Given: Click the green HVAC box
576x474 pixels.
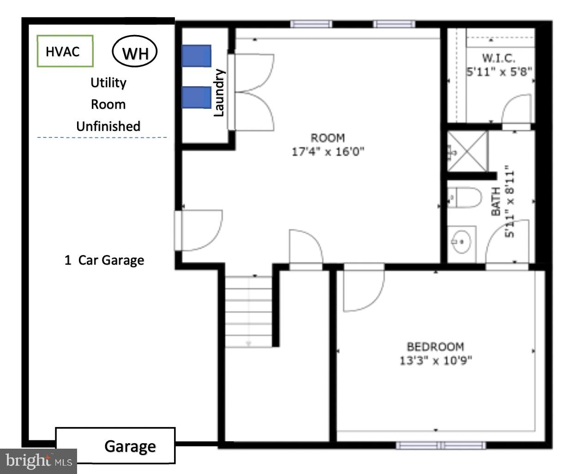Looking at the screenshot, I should (x=65, y=51).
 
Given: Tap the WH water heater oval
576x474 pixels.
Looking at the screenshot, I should (x=135, y=52).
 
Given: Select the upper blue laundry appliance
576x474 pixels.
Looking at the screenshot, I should (x=196, y=56).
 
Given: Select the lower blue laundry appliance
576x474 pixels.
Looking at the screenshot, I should (x=196, y=97).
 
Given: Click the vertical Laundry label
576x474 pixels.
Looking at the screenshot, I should (x=219, y=93).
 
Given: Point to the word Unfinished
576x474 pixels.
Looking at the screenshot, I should (x=108, y=126).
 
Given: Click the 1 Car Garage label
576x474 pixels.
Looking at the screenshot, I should (x=104, y=260).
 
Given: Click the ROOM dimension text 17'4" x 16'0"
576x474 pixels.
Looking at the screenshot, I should (x=328, y=151).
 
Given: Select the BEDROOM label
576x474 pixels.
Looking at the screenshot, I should (x=435, y=347).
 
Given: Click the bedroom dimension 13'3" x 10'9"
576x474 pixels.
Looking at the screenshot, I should (x=435, y=360).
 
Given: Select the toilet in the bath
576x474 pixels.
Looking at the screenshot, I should (x=464, y=198).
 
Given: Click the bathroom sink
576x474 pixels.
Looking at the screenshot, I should (x=461, y=240).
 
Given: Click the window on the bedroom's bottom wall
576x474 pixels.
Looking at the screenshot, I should (x=441, y=445).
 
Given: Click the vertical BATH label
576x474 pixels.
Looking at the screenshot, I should (x=496, y=201).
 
